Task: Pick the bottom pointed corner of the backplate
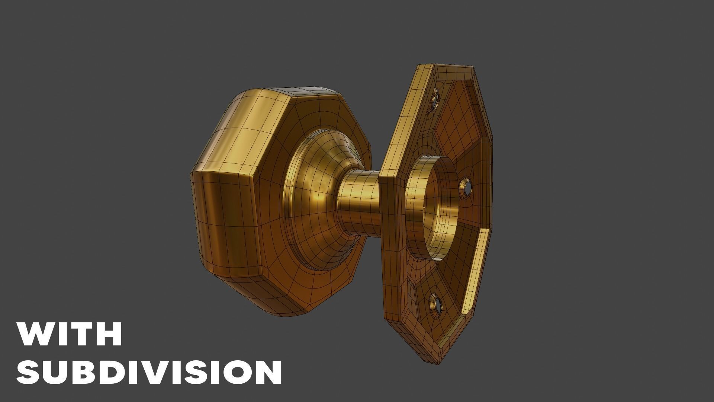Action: pos(431,359)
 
